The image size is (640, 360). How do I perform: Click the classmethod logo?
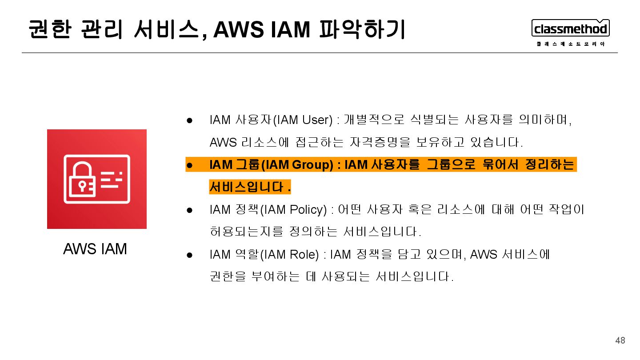point(570,28)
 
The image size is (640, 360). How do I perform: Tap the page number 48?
point(620,340)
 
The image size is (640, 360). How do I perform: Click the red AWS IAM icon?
point(97,179)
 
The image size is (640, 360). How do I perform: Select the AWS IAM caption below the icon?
point(95,249)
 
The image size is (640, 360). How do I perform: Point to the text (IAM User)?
point(302,120)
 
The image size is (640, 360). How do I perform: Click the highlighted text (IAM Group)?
point(297,165)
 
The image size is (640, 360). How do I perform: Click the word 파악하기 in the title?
point(362,30)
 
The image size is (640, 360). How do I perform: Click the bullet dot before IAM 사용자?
point(189,120)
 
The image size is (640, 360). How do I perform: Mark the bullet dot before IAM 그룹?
point(189,165)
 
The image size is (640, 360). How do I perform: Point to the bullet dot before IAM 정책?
point(189,210)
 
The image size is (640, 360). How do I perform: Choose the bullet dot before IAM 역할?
point(189,255)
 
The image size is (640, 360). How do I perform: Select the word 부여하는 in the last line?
point(276,277)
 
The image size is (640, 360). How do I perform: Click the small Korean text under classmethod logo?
point(570,44)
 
